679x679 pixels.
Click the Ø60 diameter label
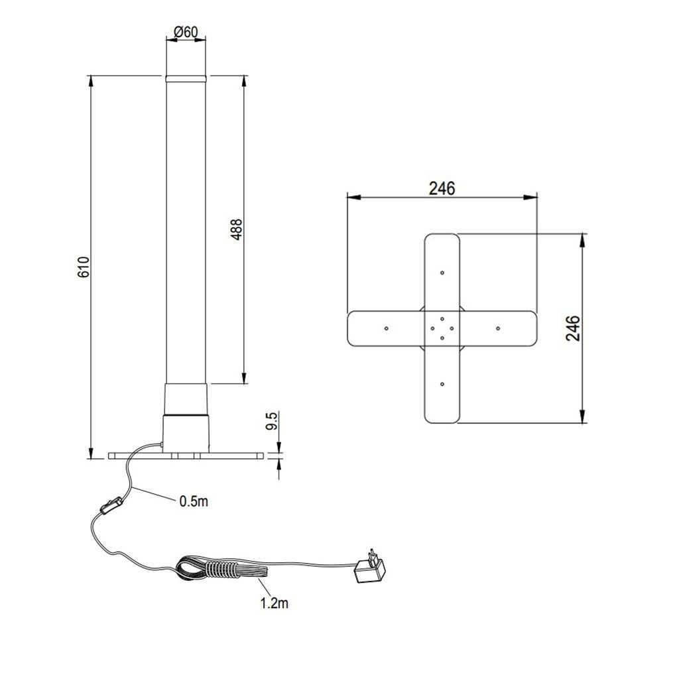click(186, 32)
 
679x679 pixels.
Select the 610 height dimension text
click(84, 267)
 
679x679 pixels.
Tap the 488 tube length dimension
click(237, 229)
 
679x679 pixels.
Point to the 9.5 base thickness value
click(271, 421)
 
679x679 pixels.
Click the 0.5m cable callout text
click(194, 501)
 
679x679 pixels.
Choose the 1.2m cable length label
click(274, 603)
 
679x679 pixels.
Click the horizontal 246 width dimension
click(442, 188)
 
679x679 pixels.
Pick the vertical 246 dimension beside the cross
click(573, 328)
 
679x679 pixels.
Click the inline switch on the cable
click(111, 506)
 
